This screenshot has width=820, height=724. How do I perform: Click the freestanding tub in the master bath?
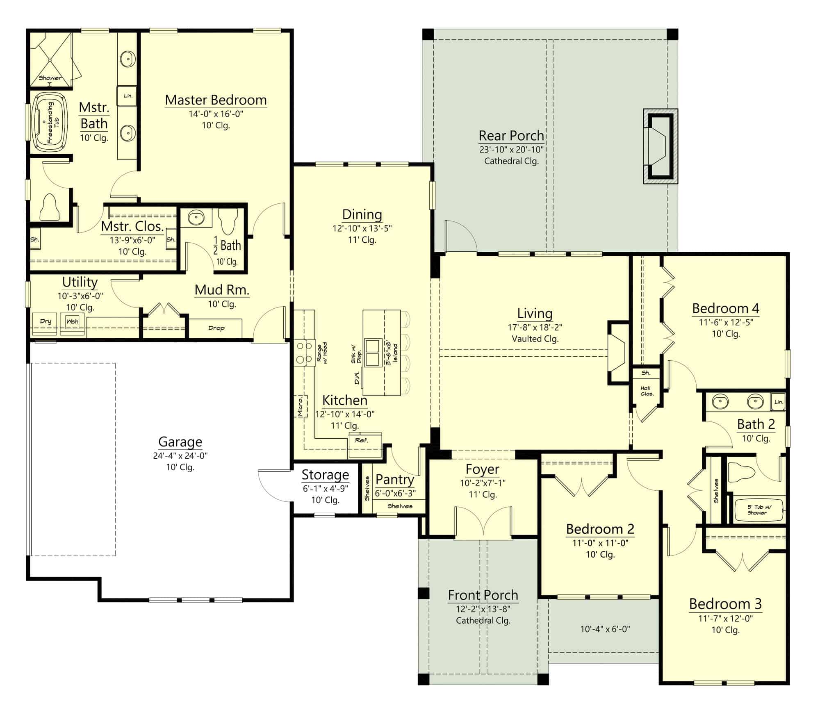click(50, 122)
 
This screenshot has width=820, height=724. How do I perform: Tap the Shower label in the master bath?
click(50, 78)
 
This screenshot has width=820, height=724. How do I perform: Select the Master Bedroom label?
click(216, 100)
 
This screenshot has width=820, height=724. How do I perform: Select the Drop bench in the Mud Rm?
click(216, 328)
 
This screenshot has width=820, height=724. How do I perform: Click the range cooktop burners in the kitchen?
click(304, 353)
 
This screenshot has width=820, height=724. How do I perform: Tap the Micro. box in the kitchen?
click(300, 406)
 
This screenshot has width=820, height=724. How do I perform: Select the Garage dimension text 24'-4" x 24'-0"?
click(180, 455)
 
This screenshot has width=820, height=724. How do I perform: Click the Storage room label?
click(325, 475)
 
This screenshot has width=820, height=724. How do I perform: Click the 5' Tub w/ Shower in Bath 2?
click(759, 510)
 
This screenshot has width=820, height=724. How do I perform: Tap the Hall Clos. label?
click(647, 391)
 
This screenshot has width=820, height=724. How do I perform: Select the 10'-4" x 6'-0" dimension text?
click(605, 629)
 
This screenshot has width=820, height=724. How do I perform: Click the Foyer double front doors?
click(483, 523)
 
